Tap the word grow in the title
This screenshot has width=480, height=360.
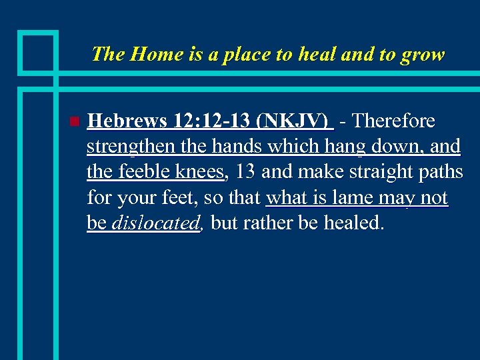423,55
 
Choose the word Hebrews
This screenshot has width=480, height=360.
126,121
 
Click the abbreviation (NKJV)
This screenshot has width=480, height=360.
295,121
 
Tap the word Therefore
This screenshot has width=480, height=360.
393,121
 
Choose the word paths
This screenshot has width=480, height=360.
443,172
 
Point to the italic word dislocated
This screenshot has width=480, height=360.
155,223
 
